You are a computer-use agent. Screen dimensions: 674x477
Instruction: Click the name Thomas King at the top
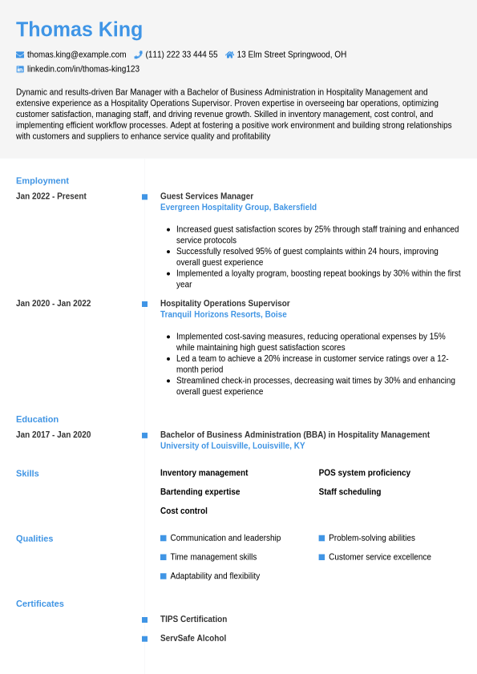tap(79, 30)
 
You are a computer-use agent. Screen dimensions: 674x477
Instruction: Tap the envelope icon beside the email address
tap(20, 54)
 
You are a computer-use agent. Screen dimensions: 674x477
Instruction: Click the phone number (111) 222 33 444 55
tap(181, 54)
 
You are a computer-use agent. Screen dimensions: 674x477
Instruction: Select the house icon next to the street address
tap(230, 54)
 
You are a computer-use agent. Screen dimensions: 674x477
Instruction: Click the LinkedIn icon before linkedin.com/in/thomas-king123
tap(20, 69)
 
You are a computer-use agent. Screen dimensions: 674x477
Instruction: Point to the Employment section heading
tap(42, 180)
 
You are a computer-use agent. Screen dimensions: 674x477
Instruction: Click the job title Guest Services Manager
tap(207, 196)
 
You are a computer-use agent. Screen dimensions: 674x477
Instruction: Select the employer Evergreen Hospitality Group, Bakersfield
tap(238, 208)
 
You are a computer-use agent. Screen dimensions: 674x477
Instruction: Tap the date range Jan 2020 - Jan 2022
tap(54, 304)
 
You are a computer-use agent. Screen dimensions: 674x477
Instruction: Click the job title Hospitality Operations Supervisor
tap(225, 304)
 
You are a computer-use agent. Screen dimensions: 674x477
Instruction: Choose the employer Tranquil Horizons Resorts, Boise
tap(224, 315)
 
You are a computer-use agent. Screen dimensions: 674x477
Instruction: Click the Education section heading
tap(38, 419)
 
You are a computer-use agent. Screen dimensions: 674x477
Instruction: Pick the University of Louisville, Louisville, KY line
tap(232, 446)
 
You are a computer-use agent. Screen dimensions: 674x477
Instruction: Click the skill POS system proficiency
tap(365, 473)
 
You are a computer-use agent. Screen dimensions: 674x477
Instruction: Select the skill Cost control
tap(184, 511)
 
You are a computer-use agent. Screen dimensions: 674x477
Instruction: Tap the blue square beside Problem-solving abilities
tap(321, 538)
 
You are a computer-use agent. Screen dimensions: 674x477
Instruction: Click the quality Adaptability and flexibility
tap(215, 576)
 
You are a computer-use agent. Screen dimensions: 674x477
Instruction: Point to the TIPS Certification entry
tap(193, 620)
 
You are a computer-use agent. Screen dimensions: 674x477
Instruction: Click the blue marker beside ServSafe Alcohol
tap(144, 639)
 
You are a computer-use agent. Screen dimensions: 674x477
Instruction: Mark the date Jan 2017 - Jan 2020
tap(54, 435)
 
